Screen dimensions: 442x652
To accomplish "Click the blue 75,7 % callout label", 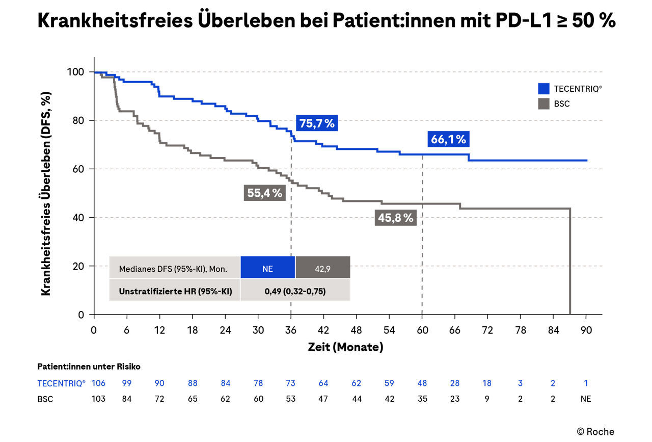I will (x=316, y=123).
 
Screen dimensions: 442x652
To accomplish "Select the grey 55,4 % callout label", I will (x=264, y=193).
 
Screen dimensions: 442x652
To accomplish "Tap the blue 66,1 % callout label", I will (x=448, y=139).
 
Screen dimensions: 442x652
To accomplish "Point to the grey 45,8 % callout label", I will (x=396, y=218).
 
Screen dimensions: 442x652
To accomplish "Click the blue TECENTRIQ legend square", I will (x=544, y=89).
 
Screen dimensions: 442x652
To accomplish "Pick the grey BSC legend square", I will (x=544, y=103).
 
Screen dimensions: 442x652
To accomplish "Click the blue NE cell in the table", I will (x=267, y=268).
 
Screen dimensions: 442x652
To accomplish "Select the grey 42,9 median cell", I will (x=323, y=268).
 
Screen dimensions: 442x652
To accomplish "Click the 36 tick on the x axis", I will (x=291, y=330).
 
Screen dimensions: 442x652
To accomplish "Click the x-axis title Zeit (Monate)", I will (x=345, y=348).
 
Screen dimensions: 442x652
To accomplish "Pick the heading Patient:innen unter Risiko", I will (x=89, y=367).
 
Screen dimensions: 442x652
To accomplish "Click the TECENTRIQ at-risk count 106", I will (x=99, y=383).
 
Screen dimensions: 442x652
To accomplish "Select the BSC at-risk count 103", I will (x=99, y=399).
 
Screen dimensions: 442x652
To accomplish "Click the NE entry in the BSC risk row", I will (x=585, y=399).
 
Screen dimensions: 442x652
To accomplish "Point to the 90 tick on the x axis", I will (x=585, y=330).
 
